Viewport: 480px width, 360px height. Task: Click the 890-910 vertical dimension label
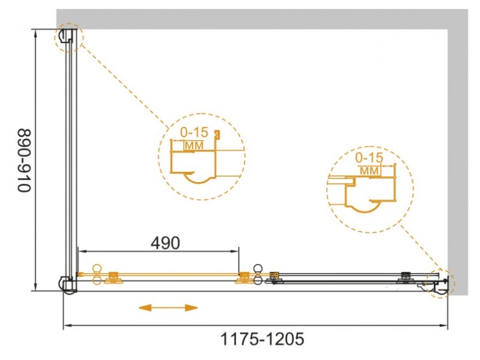point(24,161)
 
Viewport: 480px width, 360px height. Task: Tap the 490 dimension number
point(166,243)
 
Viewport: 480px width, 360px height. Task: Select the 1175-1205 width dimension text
point(262,339)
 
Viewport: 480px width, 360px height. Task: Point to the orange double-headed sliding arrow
point(168,307)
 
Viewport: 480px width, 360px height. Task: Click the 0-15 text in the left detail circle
point(194,132)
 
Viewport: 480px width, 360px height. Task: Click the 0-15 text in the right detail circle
point(369,158)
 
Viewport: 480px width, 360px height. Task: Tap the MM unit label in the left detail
point(194,146)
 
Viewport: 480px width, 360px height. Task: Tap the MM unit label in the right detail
point(369,171)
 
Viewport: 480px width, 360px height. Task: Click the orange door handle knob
point(97,274)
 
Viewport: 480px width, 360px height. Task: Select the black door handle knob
point(258,274)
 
